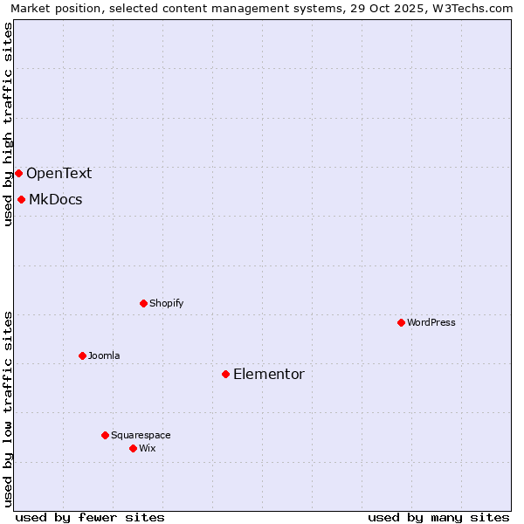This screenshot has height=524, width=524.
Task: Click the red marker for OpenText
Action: click(18, 173)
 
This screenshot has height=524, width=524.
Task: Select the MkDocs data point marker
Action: click(21, 199)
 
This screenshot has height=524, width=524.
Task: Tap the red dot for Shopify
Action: click(143, 303)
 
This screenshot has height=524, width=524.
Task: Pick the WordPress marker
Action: click(401, 322)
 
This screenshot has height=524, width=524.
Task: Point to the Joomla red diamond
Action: click(82, 355)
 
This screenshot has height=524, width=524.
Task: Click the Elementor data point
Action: click(225, 374)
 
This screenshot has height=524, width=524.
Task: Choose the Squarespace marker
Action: click(105, 435)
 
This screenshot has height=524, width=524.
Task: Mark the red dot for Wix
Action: click(133, 448)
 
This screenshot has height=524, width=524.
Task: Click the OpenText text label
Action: click(59, 173)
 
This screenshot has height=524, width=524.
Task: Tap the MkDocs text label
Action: click(55, 199)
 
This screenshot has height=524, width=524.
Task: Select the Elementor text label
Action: click(268, 374)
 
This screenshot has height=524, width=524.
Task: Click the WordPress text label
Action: click(431, 322)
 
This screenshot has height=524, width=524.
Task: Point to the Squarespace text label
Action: click(141, 435)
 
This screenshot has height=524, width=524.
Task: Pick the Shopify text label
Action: click(166, 303)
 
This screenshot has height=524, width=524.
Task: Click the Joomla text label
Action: click(104, 355)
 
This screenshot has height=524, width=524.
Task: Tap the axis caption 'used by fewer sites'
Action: click(90, 517)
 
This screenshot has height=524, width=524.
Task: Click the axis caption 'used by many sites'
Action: click(438, 517)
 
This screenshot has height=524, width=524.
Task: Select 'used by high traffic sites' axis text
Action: click(8, 124)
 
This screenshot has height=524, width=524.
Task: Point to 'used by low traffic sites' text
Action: click(8, 408)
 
